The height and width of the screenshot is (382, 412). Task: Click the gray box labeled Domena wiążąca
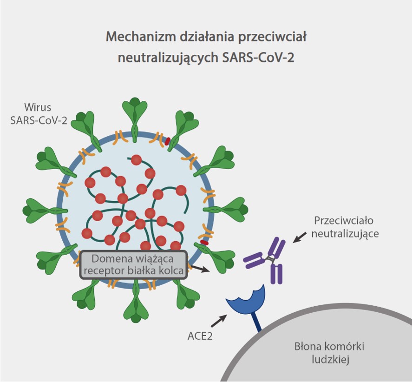[134, 264]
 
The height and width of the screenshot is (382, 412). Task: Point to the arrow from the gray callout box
[200, 269]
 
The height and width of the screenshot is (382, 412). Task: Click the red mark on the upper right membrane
[167, 141]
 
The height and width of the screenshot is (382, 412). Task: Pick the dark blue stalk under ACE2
[256, 323]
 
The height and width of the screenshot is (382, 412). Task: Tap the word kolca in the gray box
[171, 270]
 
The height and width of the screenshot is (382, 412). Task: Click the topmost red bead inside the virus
[136, 160]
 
